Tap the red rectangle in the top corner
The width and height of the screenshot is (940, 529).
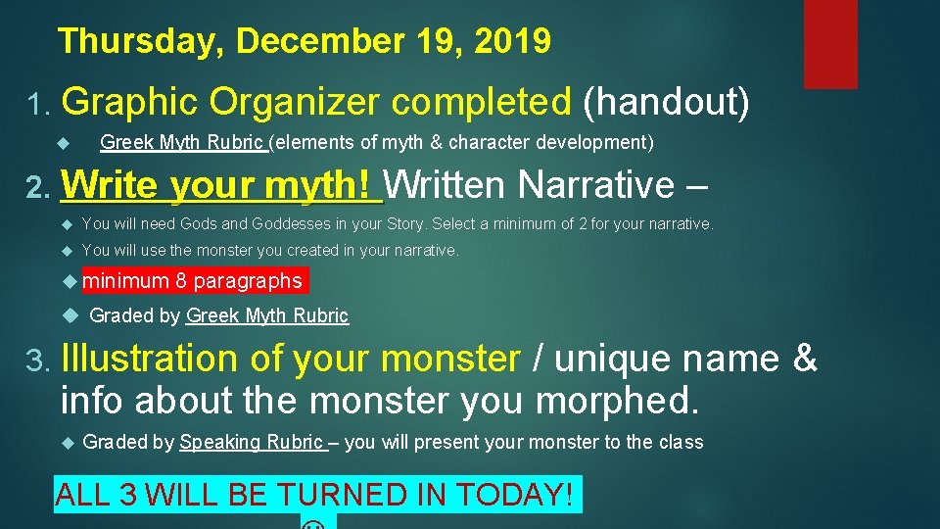(830, 44)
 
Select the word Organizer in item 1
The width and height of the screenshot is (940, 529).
(312, 101)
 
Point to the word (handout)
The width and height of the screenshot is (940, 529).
(666, 101)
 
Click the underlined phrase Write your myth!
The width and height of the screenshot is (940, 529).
(219, 184)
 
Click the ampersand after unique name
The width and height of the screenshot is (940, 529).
(804, 360)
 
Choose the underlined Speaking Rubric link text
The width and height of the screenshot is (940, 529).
(252, 442)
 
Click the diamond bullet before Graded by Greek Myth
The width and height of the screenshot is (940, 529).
(68, 315)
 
